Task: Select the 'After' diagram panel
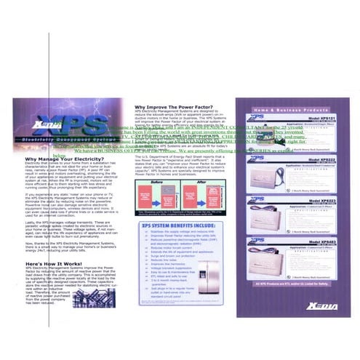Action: point(192,199)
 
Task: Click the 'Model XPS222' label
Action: point(305,159)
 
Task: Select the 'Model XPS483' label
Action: point(305,241)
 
